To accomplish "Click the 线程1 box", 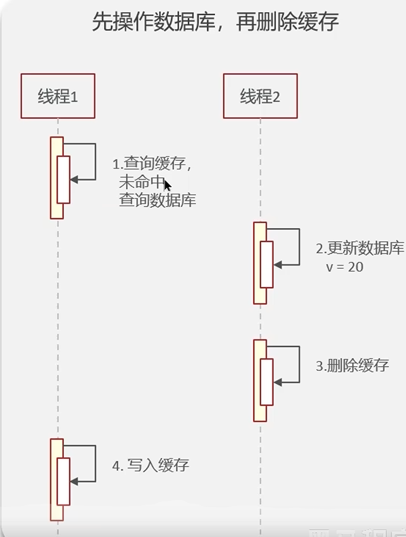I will (58, 96).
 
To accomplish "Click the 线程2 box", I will (260, 96).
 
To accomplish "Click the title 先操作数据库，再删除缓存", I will (215, 22).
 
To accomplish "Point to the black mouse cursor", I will (167, 185).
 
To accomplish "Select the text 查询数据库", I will (157, 200).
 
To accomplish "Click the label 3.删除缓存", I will (352, 366).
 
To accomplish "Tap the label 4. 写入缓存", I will (150, 465).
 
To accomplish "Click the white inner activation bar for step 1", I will (63, 180).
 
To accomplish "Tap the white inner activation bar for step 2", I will (266, 264).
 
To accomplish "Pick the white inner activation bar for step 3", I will (266, 382).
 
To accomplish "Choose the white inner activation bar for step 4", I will (63, 481).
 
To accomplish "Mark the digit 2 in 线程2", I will (276, 97).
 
